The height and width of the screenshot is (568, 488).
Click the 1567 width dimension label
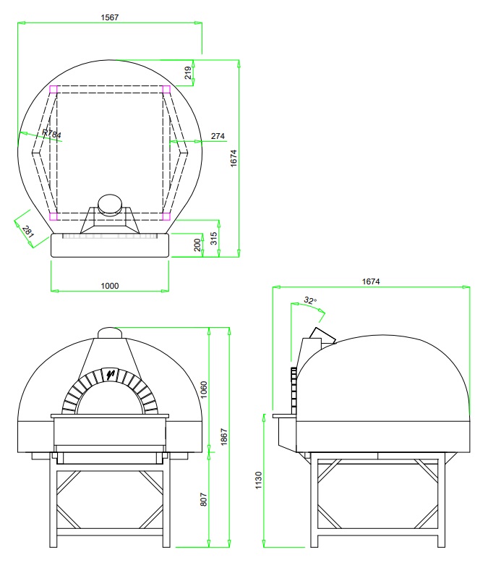[x=110, y=17]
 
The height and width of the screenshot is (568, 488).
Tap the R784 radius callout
[x=51, y=133]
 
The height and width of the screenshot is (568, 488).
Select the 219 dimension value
[x=188, y=73]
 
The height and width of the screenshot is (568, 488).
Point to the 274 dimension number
[x=218, y=136]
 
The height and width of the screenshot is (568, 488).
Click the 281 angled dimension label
[x=28, y=231]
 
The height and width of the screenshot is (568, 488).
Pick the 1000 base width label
[x=110, y=286]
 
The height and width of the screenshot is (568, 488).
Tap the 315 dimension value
[x=213, y=238]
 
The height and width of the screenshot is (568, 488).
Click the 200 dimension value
[x=197, y=245]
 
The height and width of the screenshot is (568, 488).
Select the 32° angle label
[x=310, y=300]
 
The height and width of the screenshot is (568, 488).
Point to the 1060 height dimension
[x=204, y=389]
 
